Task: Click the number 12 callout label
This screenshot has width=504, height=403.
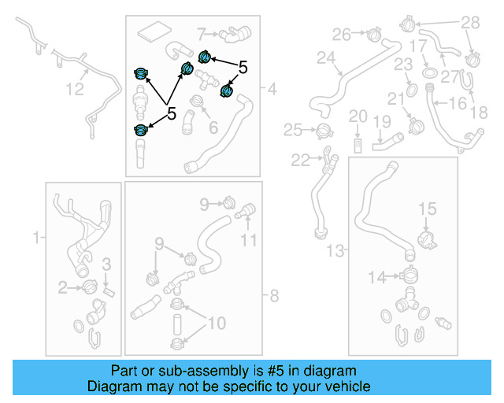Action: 74,90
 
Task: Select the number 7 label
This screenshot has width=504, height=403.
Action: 201,34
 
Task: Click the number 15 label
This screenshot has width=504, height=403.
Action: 426,209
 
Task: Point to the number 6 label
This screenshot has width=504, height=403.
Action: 212,128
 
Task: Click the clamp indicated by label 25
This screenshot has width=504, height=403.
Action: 322,130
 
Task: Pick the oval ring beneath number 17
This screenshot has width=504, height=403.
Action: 431,73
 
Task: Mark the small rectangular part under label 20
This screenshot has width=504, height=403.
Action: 358,145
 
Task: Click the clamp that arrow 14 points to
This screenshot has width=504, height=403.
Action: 407,275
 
